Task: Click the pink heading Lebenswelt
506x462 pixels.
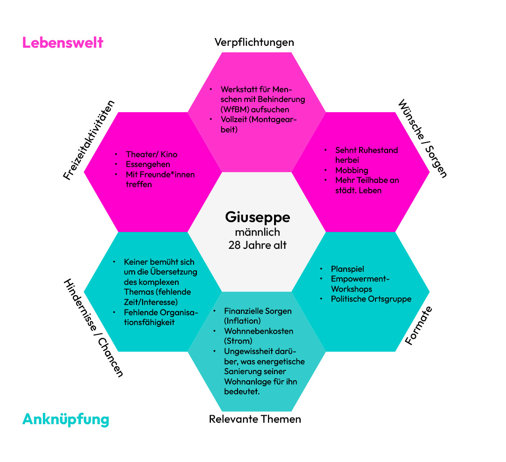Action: click(63, 43)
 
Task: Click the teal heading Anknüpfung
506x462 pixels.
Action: click(65, 419)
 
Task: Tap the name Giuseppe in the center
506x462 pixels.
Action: click(257, 217)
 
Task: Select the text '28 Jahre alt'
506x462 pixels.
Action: click(257, 245)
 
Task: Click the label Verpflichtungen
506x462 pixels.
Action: click(254, 42)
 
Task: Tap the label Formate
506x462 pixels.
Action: click(418, 325)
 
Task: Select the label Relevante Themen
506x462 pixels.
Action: click(255, 419)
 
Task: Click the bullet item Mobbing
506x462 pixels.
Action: click(352, 170)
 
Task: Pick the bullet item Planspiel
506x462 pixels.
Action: click(347, 269)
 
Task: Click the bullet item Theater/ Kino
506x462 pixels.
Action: click(152, 154)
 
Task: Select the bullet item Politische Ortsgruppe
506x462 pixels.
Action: click(371, 299)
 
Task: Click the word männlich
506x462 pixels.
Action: click(257, 231)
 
